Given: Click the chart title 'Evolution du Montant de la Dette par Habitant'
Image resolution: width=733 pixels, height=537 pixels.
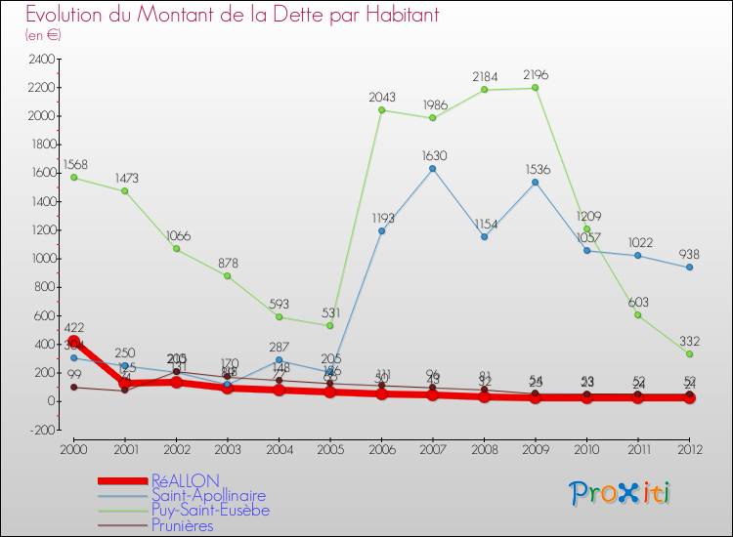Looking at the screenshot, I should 232,15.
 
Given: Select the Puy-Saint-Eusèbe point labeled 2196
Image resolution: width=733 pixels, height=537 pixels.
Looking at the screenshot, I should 536,88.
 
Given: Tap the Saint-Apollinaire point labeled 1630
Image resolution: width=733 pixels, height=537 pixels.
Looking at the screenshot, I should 433,168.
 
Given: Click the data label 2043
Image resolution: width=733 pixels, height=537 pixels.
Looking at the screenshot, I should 382,97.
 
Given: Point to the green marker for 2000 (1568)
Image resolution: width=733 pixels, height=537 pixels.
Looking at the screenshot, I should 74,178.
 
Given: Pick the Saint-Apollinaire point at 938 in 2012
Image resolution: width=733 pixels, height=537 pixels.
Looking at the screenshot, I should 690,268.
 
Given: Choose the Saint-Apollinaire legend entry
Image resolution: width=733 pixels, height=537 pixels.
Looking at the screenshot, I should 208,496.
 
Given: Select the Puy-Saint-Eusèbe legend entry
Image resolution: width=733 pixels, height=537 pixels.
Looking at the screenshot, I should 210,511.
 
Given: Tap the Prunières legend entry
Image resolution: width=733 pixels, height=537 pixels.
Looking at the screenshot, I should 182,525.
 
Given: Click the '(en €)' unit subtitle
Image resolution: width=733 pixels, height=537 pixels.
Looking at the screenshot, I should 44,34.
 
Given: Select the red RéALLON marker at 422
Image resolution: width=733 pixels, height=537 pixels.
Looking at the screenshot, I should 74,342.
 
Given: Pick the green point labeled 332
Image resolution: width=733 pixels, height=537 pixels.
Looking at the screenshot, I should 690,353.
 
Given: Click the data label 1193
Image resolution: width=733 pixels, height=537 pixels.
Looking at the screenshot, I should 382,218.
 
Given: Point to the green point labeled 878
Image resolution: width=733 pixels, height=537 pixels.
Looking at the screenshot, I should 228,275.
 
